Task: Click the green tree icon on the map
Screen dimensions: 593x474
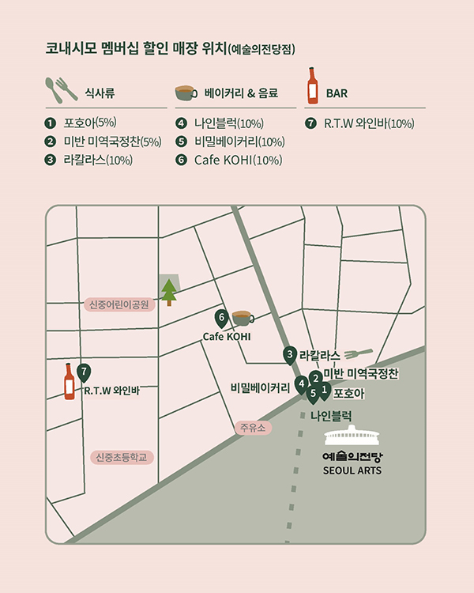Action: coord(169,291)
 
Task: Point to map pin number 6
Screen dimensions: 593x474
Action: coord(222,319)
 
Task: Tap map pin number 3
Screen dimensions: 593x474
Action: coord(290,355)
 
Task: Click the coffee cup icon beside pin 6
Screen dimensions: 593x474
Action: coord(241,317)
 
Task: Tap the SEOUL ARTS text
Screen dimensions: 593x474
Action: coord(352,470)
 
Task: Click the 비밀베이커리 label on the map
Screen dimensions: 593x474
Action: coord(260,387)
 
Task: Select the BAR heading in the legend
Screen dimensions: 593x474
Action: coord(337,93)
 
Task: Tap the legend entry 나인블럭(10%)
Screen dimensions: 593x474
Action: coord(228,123)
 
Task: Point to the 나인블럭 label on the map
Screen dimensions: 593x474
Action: coord(331,414)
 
